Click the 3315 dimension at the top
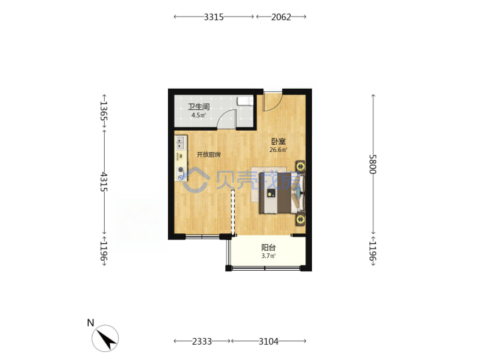pos(214,17)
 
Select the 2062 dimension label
pos(281,17)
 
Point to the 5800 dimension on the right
pos(373,165)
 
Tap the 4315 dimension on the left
pos(104,182)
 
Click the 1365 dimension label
pos(104,111)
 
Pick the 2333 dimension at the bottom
pos(202,341)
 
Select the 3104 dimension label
pos(269,341)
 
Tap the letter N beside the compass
pos(91,323)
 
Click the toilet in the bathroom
pos(245,101)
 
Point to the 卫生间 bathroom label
pos(199,107)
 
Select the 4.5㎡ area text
pos(199,115)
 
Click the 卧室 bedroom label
pos(279,141)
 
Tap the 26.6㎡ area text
pos(278,150)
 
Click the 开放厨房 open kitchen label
pos(209,155)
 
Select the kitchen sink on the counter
pos(181,143)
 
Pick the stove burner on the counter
pos(181,169)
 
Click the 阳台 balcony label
pos(269,247)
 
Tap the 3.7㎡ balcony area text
pos(269,256)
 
